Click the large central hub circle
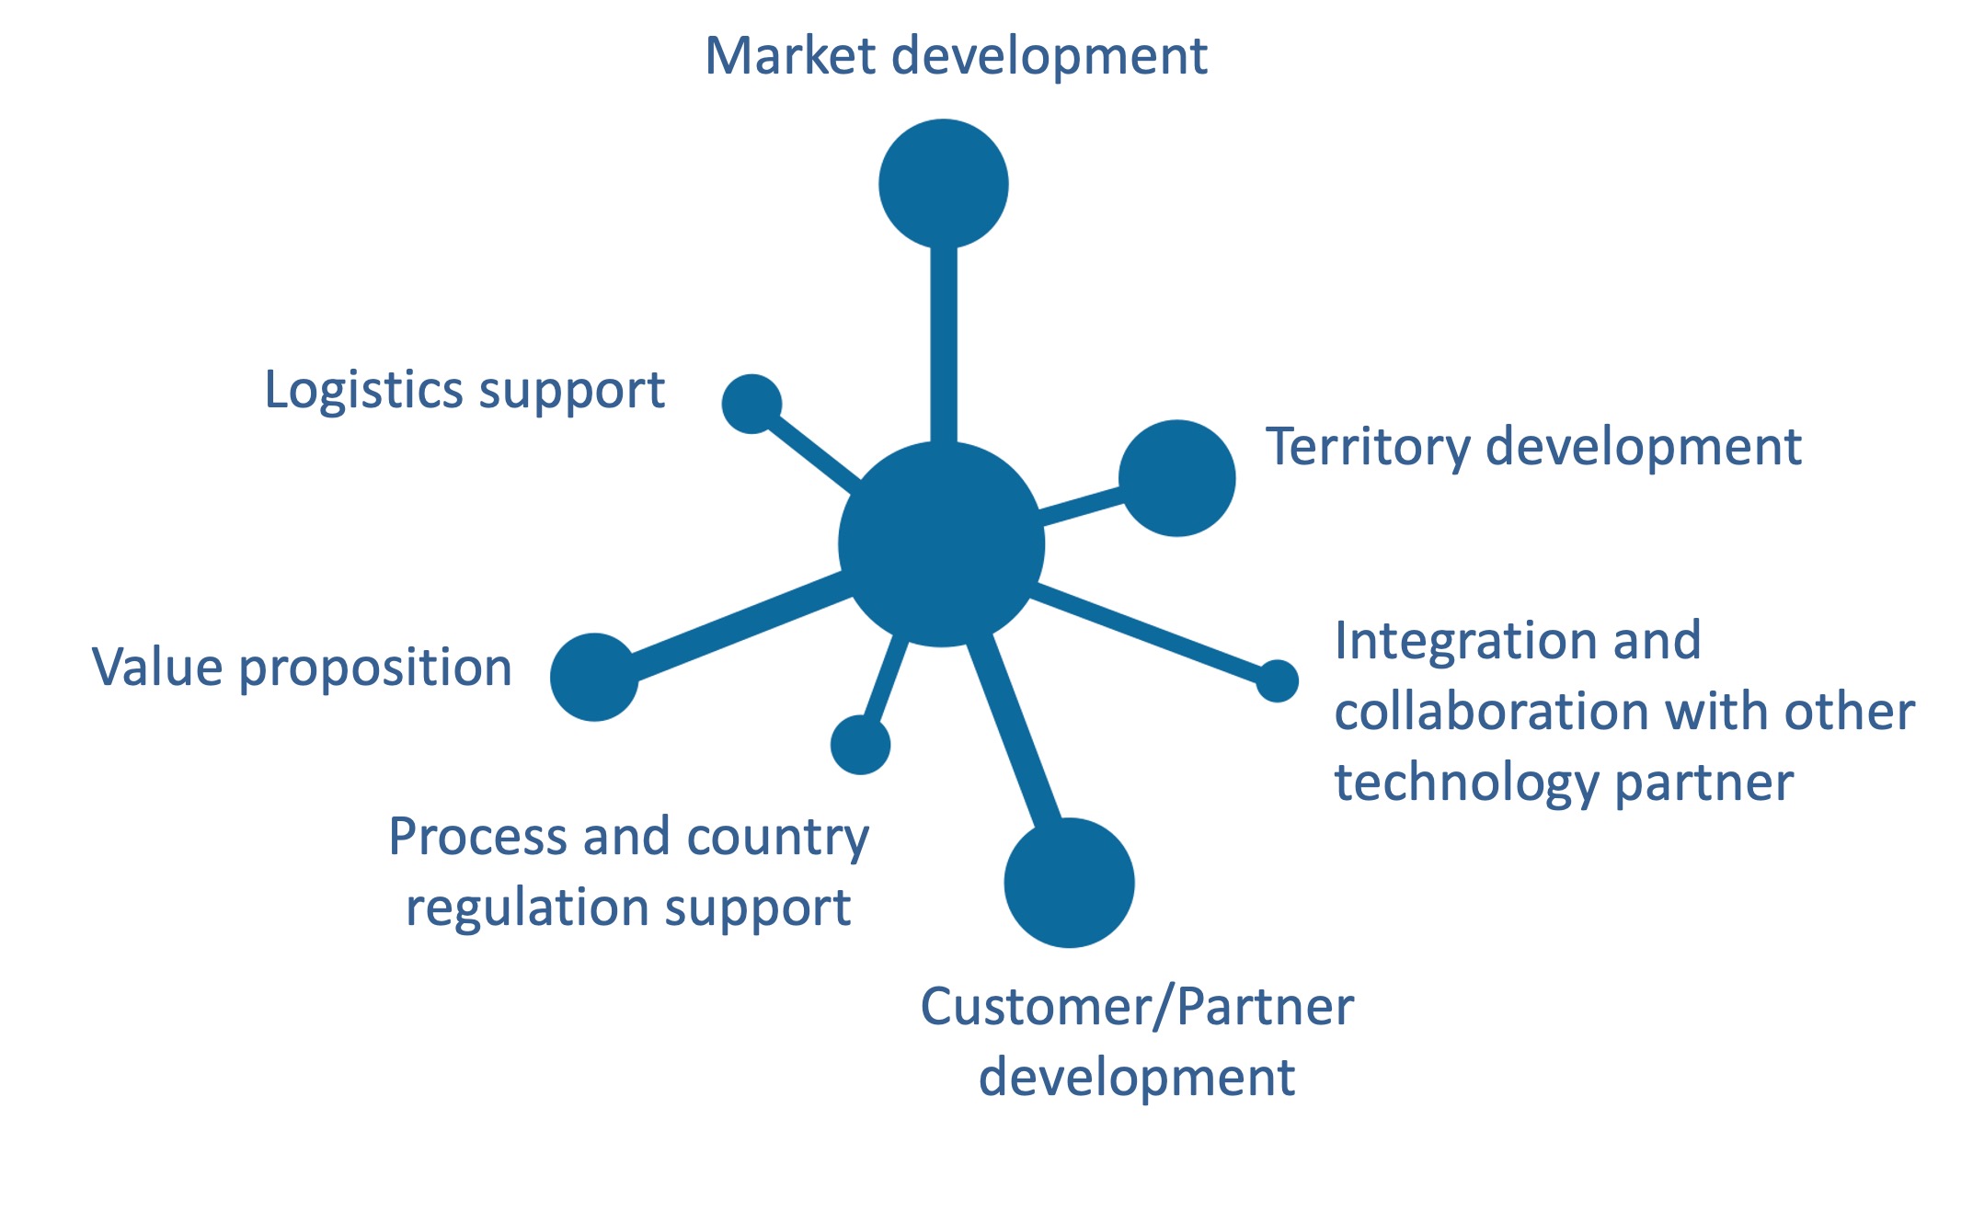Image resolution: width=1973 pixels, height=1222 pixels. coord(941,544)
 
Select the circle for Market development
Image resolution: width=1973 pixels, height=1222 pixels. coord(943,184)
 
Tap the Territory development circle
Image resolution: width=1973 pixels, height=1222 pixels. coord(1176,478)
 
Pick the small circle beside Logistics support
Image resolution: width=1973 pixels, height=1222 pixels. coord(751,404)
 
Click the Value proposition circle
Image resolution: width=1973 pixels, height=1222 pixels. coord(594,677)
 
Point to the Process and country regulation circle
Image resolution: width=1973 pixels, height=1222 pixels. coord(860,745)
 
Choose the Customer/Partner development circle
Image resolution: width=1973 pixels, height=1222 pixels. coord(1069,882)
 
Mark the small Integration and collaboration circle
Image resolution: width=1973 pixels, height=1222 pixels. coord(1277,680)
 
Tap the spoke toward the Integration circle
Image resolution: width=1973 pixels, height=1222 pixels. coord(1150,634)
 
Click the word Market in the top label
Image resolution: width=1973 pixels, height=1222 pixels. coord(789,56)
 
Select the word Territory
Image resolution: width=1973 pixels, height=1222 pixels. coord(1367,449)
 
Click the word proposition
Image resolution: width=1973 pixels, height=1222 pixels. coord(375,669)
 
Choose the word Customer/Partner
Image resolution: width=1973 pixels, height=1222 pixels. coord(1136,1008)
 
